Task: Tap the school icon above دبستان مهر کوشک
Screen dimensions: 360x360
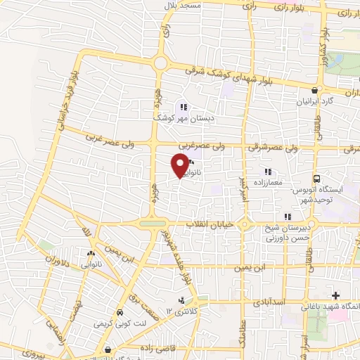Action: click(x=183, y=108)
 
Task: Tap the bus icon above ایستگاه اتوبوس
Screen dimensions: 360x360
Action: click(x=316, y=179)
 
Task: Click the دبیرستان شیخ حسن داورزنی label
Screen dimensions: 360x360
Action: click(x=288, y=233)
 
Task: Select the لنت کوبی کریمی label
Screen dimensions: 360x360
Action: click(x=120, y=323)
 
